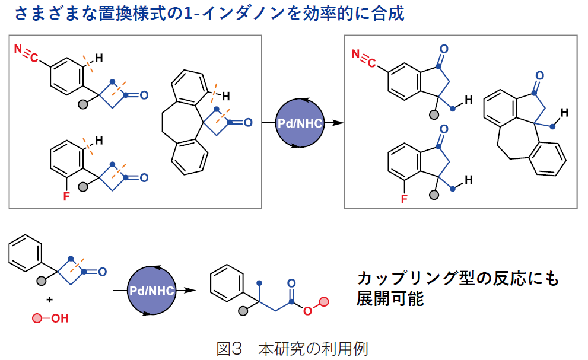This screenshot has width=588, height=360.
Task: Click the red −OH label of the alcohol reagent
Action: click(x=59, y=319)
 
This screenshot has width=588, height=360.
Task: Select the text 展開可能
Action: click(x=390, y=298)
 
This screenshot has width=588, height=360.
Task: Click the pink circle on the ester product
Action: click(x=323, y=302)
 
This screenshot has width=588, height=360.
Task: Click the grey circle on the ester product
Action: click(x=243, y=310)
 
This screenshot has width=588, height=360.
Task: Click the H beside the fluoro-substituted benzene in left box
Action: click(x=99, y=141)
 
